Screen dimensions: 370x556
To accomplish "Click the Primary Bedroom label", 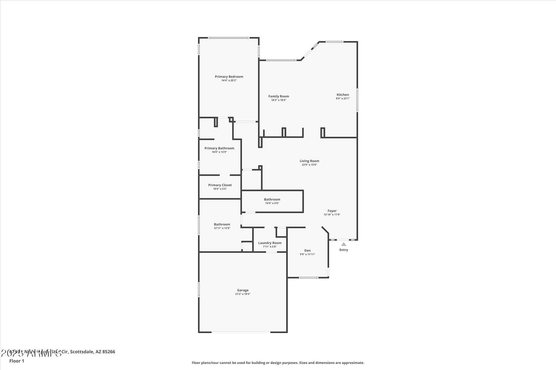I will pyautogui.click(x=229, y=77).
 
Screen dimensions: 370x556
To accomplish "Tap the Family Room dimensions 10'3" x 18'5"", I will pyautogui.click(x=279, y=100).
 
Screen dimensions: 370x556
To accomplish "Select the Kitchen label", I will pyautogui.click(x=342, y=95).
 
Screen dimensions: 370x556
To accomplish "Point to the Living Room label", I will pyautogui.click(x=309, y=161).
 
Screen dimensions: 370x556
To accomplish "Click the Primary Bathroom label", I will pyautogui.click(x=219, y=148).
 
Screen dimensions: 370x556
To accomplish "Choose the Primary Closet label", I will pyautogui.click(x=220, y=185).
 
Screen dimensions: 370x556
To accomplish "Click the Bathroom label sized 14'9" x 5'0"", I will pyautogui.click(x=272, y=200).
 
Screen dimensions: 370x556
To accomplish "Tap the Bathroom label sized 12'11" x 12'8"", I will pyautogui.click(x=222, y=225).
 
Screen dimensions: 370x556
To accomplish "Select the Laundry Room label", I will pyautogui.click(x=270, y=243).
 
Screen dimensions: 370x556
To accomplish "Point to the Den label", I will pyautogui.click(x=307, y=251).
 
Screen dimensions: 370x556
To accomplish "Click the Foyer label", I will pyautogui.click(x=332, y=211).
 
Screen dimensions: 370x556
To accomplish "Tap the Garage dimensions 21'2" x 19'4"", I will pyautogui.click(x=243, y=294).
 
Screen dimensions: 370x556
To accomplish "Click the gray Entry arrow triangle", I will pyautogui.click(x=344, y=244).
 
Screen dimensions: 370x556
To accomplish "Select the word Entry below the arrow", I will pyautogui.click(x=344, y=250).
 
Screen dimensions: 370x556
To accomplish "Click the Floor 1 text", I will pyautogui.click(x=17, y=361).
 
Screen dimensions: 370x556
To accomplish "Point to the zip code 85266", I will pyautogui.click(x=108, y=352).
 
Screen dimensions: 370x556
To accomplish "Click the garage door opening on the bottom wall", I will pyautogui.click(x=241, y=332).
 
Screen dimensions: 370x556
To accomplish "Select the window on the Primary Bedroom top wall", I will pyautogui.click(x=229, y=38).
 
